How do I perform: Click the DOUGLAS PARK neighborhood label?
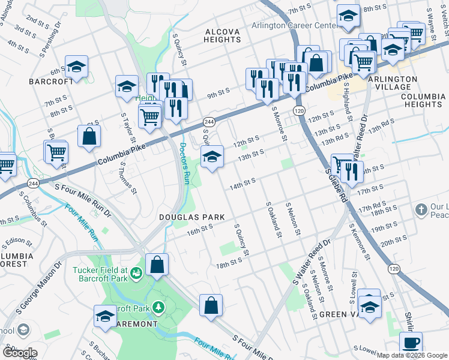point(191,217)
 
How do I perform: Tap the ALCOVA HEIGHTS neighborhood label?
point(222,35)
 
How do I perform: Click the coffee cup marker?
point(411,343)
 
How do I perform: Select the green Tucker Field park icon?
point(137,274)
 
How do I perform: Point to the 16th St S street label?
point(200,229)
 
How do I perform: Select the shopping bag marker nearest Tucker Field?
point(157,265)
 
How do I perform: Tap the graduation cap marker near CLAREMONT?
point(105,316)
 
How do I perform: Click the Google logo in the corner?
point(20,353)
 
